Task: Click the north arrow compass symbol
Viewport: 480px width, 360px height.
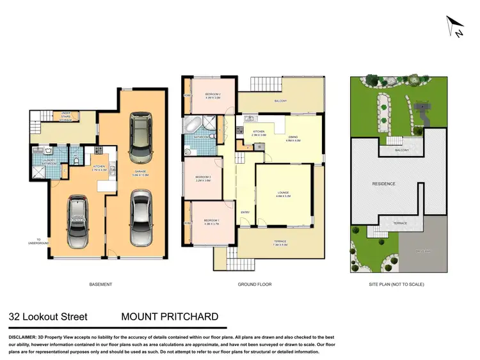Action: (x=455, y=27)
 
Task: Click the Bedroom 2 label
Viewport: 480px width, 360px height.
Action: (x=212, y=97)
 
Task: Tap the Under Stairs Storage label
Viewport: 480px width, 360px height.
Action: (x=65, y=117)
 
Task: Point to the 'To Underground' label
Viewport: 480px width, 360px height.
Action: (x=38, y=242)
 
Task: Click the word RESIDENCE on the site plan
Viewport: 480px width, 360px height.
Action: (x=384, y=184)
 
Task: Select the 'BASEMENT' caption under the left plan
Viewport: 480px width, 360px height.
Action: (x=100, y=285)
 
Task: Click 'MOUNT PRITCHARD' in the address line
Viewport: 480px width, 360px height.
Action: (x=170, y=317)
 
